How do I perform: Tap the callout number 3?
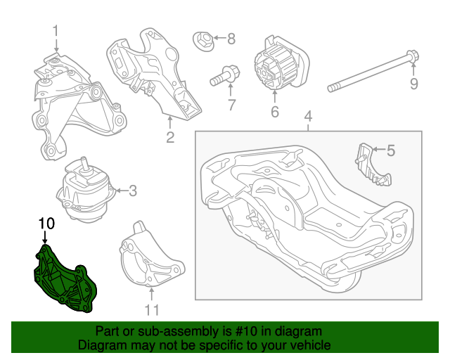[134, 190]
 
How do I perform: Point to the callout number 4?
[307, 116]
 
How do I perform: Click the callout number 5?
[391, 150]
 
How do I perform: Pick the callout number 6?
[274, 112]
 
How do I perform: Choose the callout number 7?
[230, 105]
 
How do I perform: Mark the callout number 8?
[231, 38]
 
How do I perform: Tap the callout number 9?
[413, 84]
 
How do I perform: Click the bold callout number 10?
[46, 224]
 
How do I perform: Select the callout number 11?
[152, 309]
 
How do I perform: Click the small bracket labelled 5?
[371, 165]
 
